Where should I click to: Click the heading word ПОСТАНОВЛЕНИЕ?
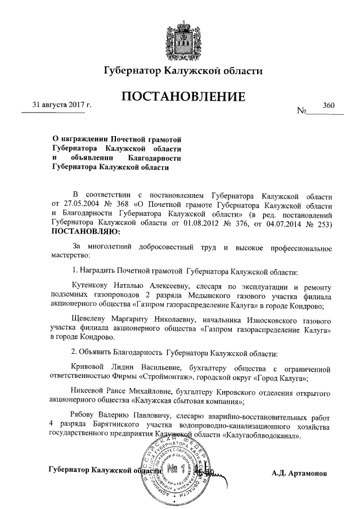pos(183,97)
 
